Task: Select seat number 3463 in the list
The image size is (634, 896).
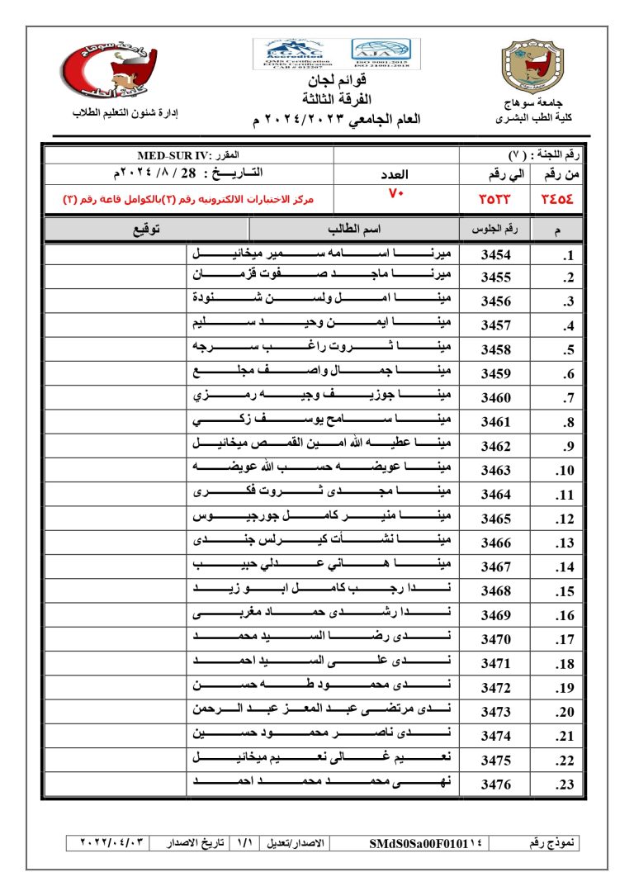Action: (x=496, y=472)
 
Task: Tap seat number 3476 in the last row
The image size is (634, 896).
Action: (x=496, y=785)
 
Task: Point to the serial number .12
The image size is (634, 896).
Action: (x=565, y=519)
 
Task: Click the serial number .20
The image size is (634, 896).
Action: (x=565, y=712)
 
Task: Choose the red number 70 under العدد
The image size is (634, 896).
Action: (x=395, y=193)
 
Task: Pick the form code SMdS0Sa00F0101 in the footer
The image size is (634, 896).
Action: (x=421, y=843)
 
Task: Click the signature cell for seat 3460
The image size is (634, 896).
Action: (x=115, y=398)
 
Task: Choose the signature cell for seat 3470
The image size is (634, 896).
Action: (x=115, y=639)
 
